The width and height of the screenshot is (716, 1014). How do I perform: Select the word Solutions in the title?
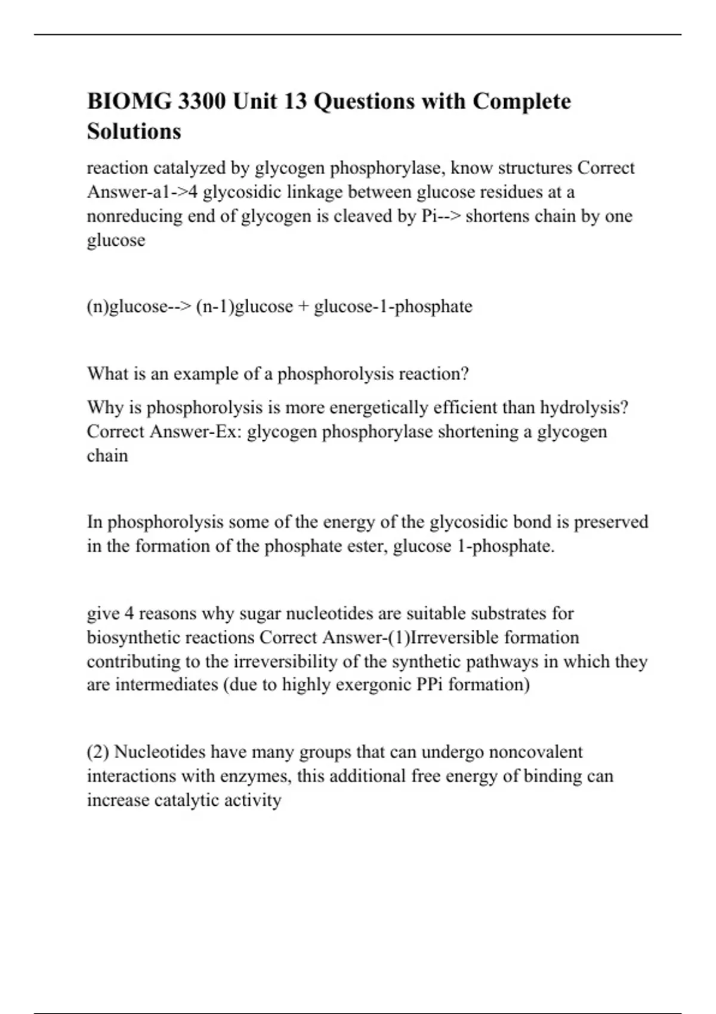click(x=134, y=131)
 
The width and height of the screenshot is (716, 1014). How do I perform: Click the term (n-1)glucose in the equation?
click(x=244, y=307)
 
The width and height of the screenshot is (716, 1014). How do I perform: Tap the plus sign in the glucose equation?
click(x=303, y=307)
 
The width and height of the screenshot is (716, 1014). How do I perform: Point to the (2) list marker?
click(x=98, y=752)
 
